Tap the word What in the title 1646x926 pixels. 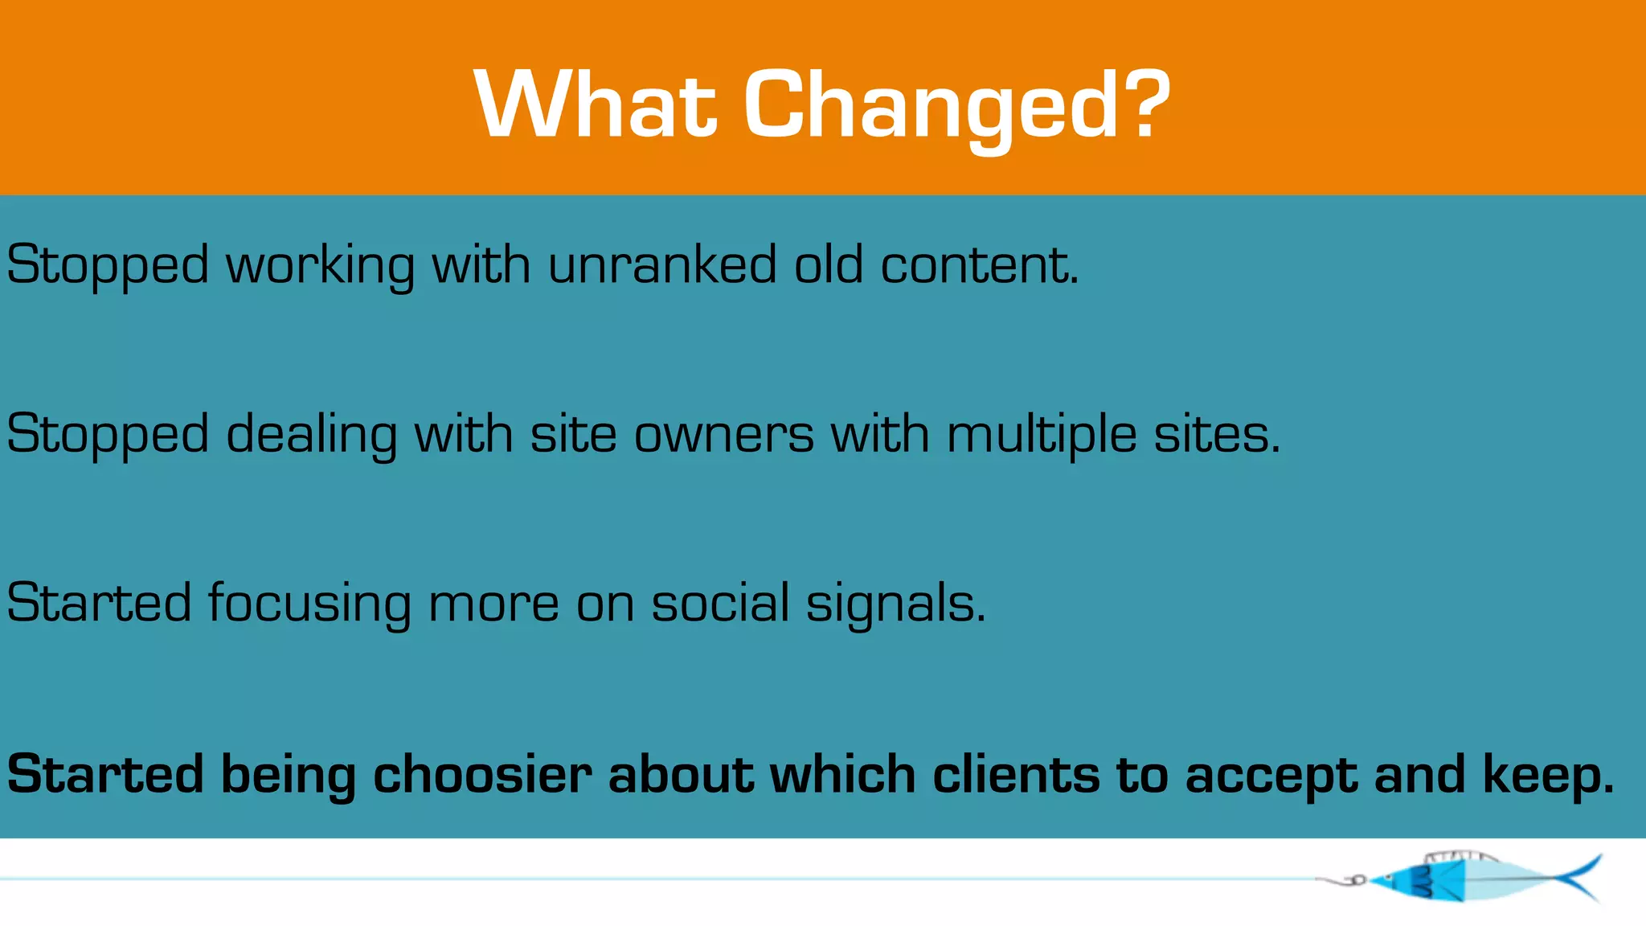595,104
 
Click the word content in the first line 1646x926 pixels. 977,264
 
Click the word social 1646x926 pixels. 720,603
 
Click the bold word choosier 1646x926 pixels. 482,775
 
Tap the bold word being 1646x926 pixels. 288,776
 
